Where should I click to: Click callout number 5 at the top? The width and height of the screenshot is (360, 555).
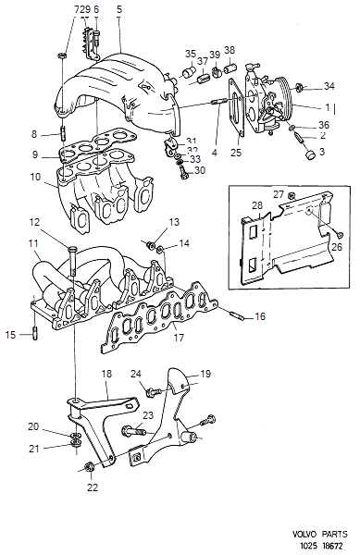coord(119,9)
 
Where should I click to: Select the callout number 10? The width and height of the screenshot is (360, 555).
coord(34,176)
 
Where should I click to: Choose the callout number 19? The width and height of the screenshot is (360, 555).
coord(205,374)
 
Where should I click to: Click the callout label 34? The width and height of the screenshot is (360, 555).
coord(329,87)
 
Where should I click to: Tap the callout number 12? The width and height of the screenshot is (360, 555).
coord(33,222)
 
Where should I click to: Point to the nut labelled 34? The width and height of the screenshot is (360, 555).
coord(302,88)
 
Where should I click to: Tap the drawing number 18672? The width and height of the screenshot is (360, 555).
coord(334,547)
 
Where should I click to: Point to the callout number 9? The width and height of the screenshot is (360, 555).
coord(34,154)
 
